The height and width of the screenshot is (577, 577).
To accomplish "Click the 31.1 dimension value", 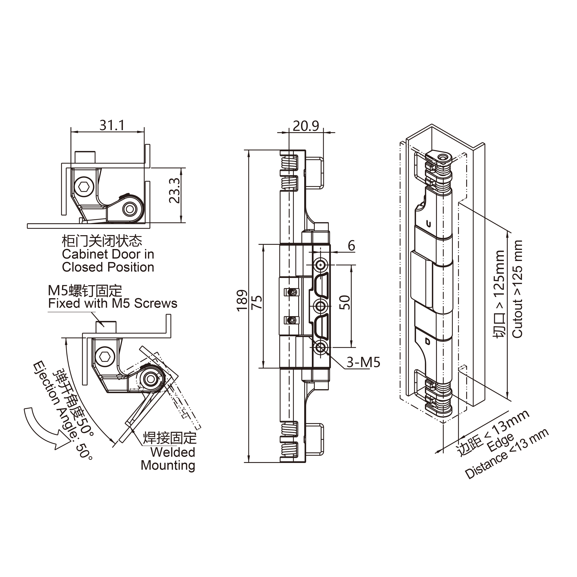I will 112,125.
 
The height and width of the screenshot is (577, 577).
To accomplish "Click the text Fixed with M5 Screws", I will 113,303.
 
